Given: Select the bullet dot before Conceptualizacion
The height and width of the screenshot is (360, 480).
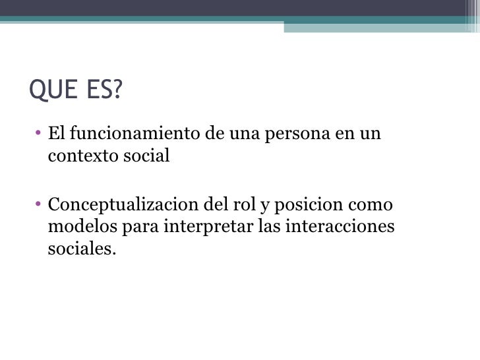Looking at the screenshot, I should point(40,204).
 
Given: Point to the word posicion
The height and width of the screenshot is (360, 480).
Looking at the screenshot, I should point(301,204).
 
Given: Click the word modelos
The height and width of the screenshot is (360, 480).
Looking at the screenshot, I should point(82,226).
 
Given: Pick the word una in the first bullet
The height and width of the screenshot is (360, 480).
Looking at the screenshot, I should point(243,135).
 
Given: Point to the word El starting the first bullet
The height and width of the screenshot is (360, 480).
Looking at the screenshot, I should point(56,134).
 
